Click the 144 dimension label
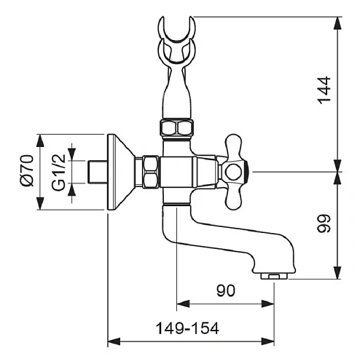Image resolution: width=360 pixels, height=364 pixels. [x=324, y=90]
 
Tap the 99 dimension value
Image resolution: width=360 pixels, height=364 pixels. [x=324, y=223]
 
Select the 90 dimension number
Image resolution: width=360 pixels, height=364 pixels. [x=226, y=290]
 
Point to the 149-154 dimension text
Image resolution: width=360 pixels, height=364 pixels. [x=187, y=328]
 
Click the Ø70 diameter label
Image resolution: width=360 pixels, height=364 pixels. [x=27, y=170]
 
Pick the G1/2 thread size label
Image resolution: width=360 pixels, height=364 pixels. [x=59, y=173]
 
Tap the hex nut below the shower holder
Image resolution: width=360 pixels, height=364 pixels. [x=176, y=128]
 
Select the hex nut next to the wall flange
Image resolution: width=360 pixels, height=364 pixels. [x=151, y=172]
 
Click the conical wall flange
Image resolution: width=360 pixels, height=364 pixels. [x=121, y=172]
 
